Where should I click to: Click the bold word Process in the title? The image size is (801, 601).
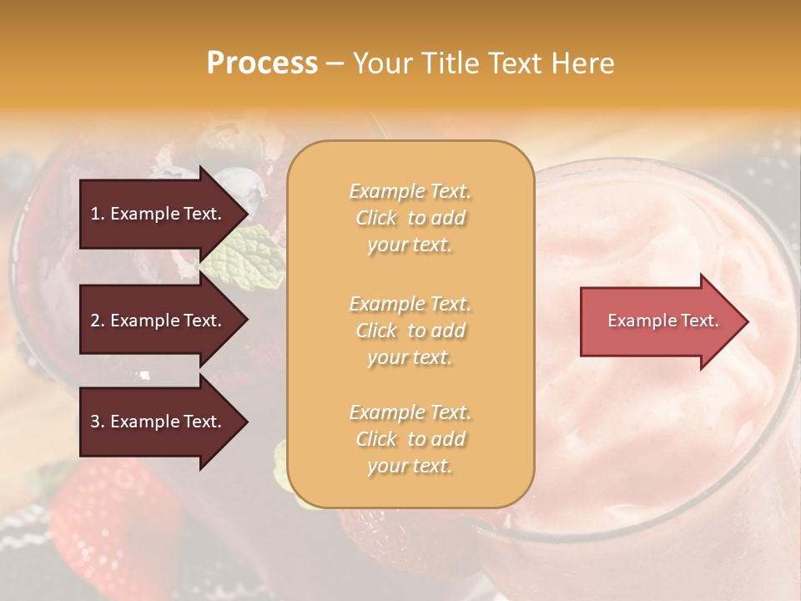click(x=262, y=63)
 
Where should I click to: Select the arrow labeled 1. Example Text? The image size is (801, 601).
click(x=159, y=214)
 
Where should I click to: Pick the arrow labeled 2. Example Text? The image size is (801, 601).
click(x=159, y=321)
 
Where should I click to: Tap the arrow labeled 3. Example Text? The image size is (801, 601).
click(x=159, y=422)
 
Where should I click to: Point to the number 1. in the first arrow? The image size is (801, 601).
click(x=98, y=214)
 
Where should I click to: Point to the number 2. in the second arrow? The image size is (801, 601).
click(x=98, y=321)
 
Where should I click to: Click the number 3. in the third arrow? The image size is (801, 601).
click(x=98, y=422)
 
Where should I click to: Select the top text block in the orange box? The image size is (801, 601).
click(x=410, y=218)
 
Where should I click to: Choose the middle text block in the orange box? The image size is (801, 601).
click(x=410, y=331)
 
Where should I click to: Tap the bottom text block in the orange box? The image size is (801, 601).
click(x=410, y=439)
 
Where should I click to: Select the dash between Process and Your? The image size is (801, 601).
click(x=335, y=63)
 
